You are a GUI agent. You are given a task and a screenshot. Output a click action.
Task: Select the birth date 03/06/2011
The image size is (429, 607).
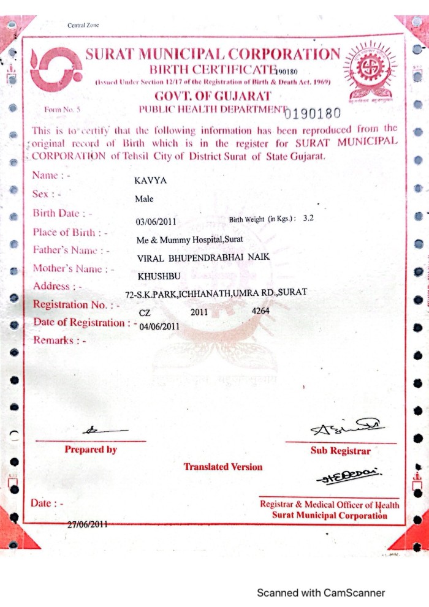click(156, 222)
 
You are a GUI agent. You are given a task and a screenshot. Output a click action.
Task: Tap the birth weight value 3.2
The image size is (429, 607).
click(308, 218)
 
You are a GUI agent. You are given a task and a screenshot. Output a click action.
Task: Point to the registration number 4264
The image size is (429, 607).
click(260, 311)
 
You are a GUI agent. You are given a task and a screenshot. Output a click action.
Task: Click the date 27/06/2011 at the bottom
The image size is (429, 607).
click(87, 524)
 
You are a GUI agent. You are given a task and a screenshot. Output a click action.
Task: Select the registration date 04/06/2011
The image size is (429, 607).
click(159, 326)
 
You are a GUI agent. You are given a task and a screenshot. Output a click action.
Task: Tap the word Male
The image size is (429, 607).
click(144, 199)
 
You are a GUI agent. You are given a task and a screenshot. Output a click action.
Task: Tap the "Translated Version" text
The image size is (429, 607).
click(222, 467)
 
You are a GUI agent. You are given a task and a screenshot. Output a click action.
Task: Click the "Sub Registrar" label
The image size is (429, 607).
click(341, 451)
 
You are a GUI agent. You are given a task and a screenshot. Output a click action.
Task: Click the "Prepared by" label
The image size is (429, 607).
click(91, 450)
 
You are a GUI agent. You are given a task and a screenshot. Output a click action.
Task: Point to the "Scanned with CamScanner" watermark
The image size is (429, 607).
click(321, 593)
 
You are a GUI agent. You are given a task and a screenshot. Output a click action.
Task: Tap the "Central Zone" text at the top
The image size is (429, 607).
click(83, 25)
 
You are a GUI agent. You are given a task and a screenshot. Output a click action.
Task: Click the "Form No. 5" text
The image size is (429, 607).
click(59, 110)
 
